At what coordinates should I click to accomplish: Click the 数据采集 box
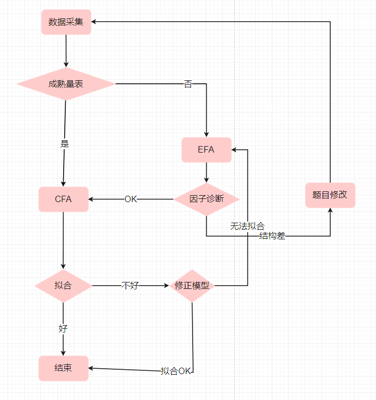[66, 22]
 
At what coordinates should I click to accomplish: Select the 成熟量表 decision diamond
[66, 84]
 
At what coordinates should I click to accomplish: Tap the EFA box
[206, 150]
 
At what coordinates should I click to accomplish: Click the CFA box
[63, 199]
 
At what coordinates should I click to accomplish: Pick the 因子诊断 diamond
[207, 199]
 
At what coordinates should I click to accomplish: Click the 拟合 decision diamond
[63, 286]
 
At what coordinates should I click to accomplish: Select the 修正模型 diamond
[192, 286]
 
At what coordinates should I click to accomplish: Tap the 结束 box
[63, 368]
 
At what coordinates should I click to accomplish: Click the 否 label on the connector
[188, 84]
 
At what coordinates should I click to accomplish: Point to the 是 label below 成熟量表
[65, 144]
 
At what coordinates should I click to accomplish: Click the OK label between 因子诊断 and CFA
[131, 199]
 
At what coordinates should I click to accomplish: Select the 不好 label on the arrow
[129, 286]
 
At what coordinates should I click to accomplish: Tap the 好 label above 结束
[63, 328]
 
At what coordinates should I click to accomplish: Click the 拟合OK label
[176, 371]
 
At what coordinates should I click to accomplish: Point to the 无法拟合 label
[247, 226]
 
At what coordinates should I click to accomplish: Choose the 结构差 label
[272, 236]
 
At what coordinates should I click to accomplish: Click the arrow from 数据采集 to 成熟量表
[66, 51]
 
